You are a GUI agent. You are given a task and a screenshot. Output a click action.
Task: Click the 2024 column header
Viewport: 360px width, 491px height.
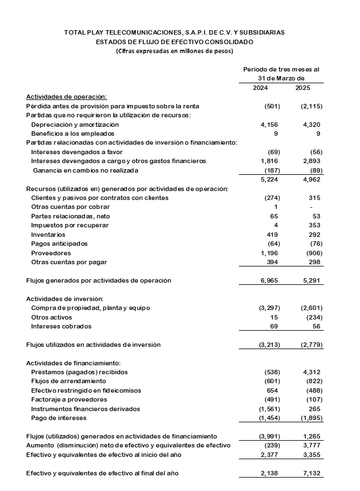(x=261, y=88)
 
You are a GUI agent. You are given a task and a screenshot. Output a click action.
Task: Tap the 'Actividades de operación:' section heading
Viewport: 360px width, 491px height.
(x=66, y=97)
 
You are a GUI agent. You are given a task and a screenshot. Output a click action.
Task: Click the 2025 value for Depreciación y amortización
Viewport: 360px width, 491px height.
(x=311, y=125)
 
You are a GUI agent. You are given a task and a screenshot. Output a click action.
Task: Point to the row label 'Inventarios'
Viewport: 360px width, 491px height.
(x=48, y=235)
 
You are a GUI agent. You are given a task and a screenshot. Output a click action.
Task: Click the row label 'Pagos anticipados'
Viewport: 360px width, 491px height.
(x=59, y=244)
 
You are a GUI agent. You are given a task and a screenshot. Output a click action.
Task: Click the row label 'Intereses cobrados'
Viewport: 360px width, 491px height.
(x=61, y=326)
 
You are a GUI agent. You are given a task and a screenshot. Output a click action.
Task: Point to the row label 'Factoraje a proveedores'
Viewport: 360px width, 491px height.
(x=69, y=400)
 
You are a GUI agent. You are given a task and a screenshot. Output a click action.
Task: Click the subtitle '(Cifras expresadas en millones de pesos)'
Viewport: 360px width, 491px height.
(x=175, y=51)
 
